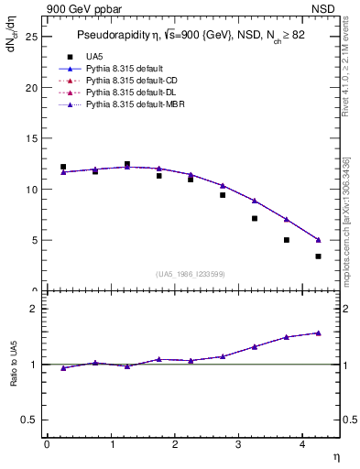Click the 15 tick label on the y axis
[x=33, y=138]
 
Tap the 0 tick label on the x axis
[x=47, y=444]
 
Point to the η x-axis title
[x=335, y=456]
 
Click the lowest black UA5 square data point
[x=318, y=256]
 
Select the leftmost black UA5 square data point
[x=63, y=167]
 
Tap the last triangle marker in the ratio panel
[x=318, y=333]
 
